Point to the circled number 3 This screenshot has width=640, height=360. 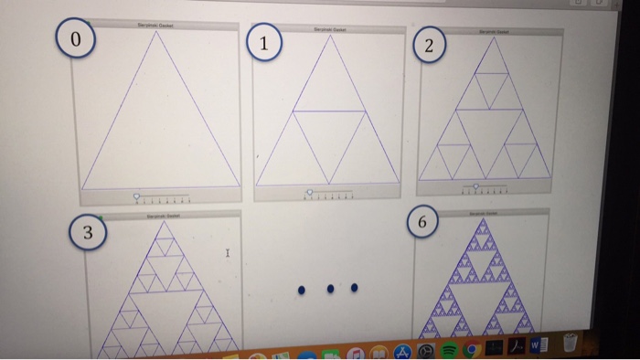87,233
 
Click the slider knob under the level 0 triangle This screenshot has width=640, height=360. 137,196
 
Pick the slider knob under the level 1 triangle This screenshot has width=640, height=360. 309,193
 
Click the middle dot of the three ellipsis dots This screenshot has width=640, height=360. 330,290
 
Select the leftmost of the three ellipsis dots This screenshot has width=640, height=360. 301,291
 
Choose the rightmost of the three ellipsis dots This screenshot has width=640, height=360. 355,288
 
